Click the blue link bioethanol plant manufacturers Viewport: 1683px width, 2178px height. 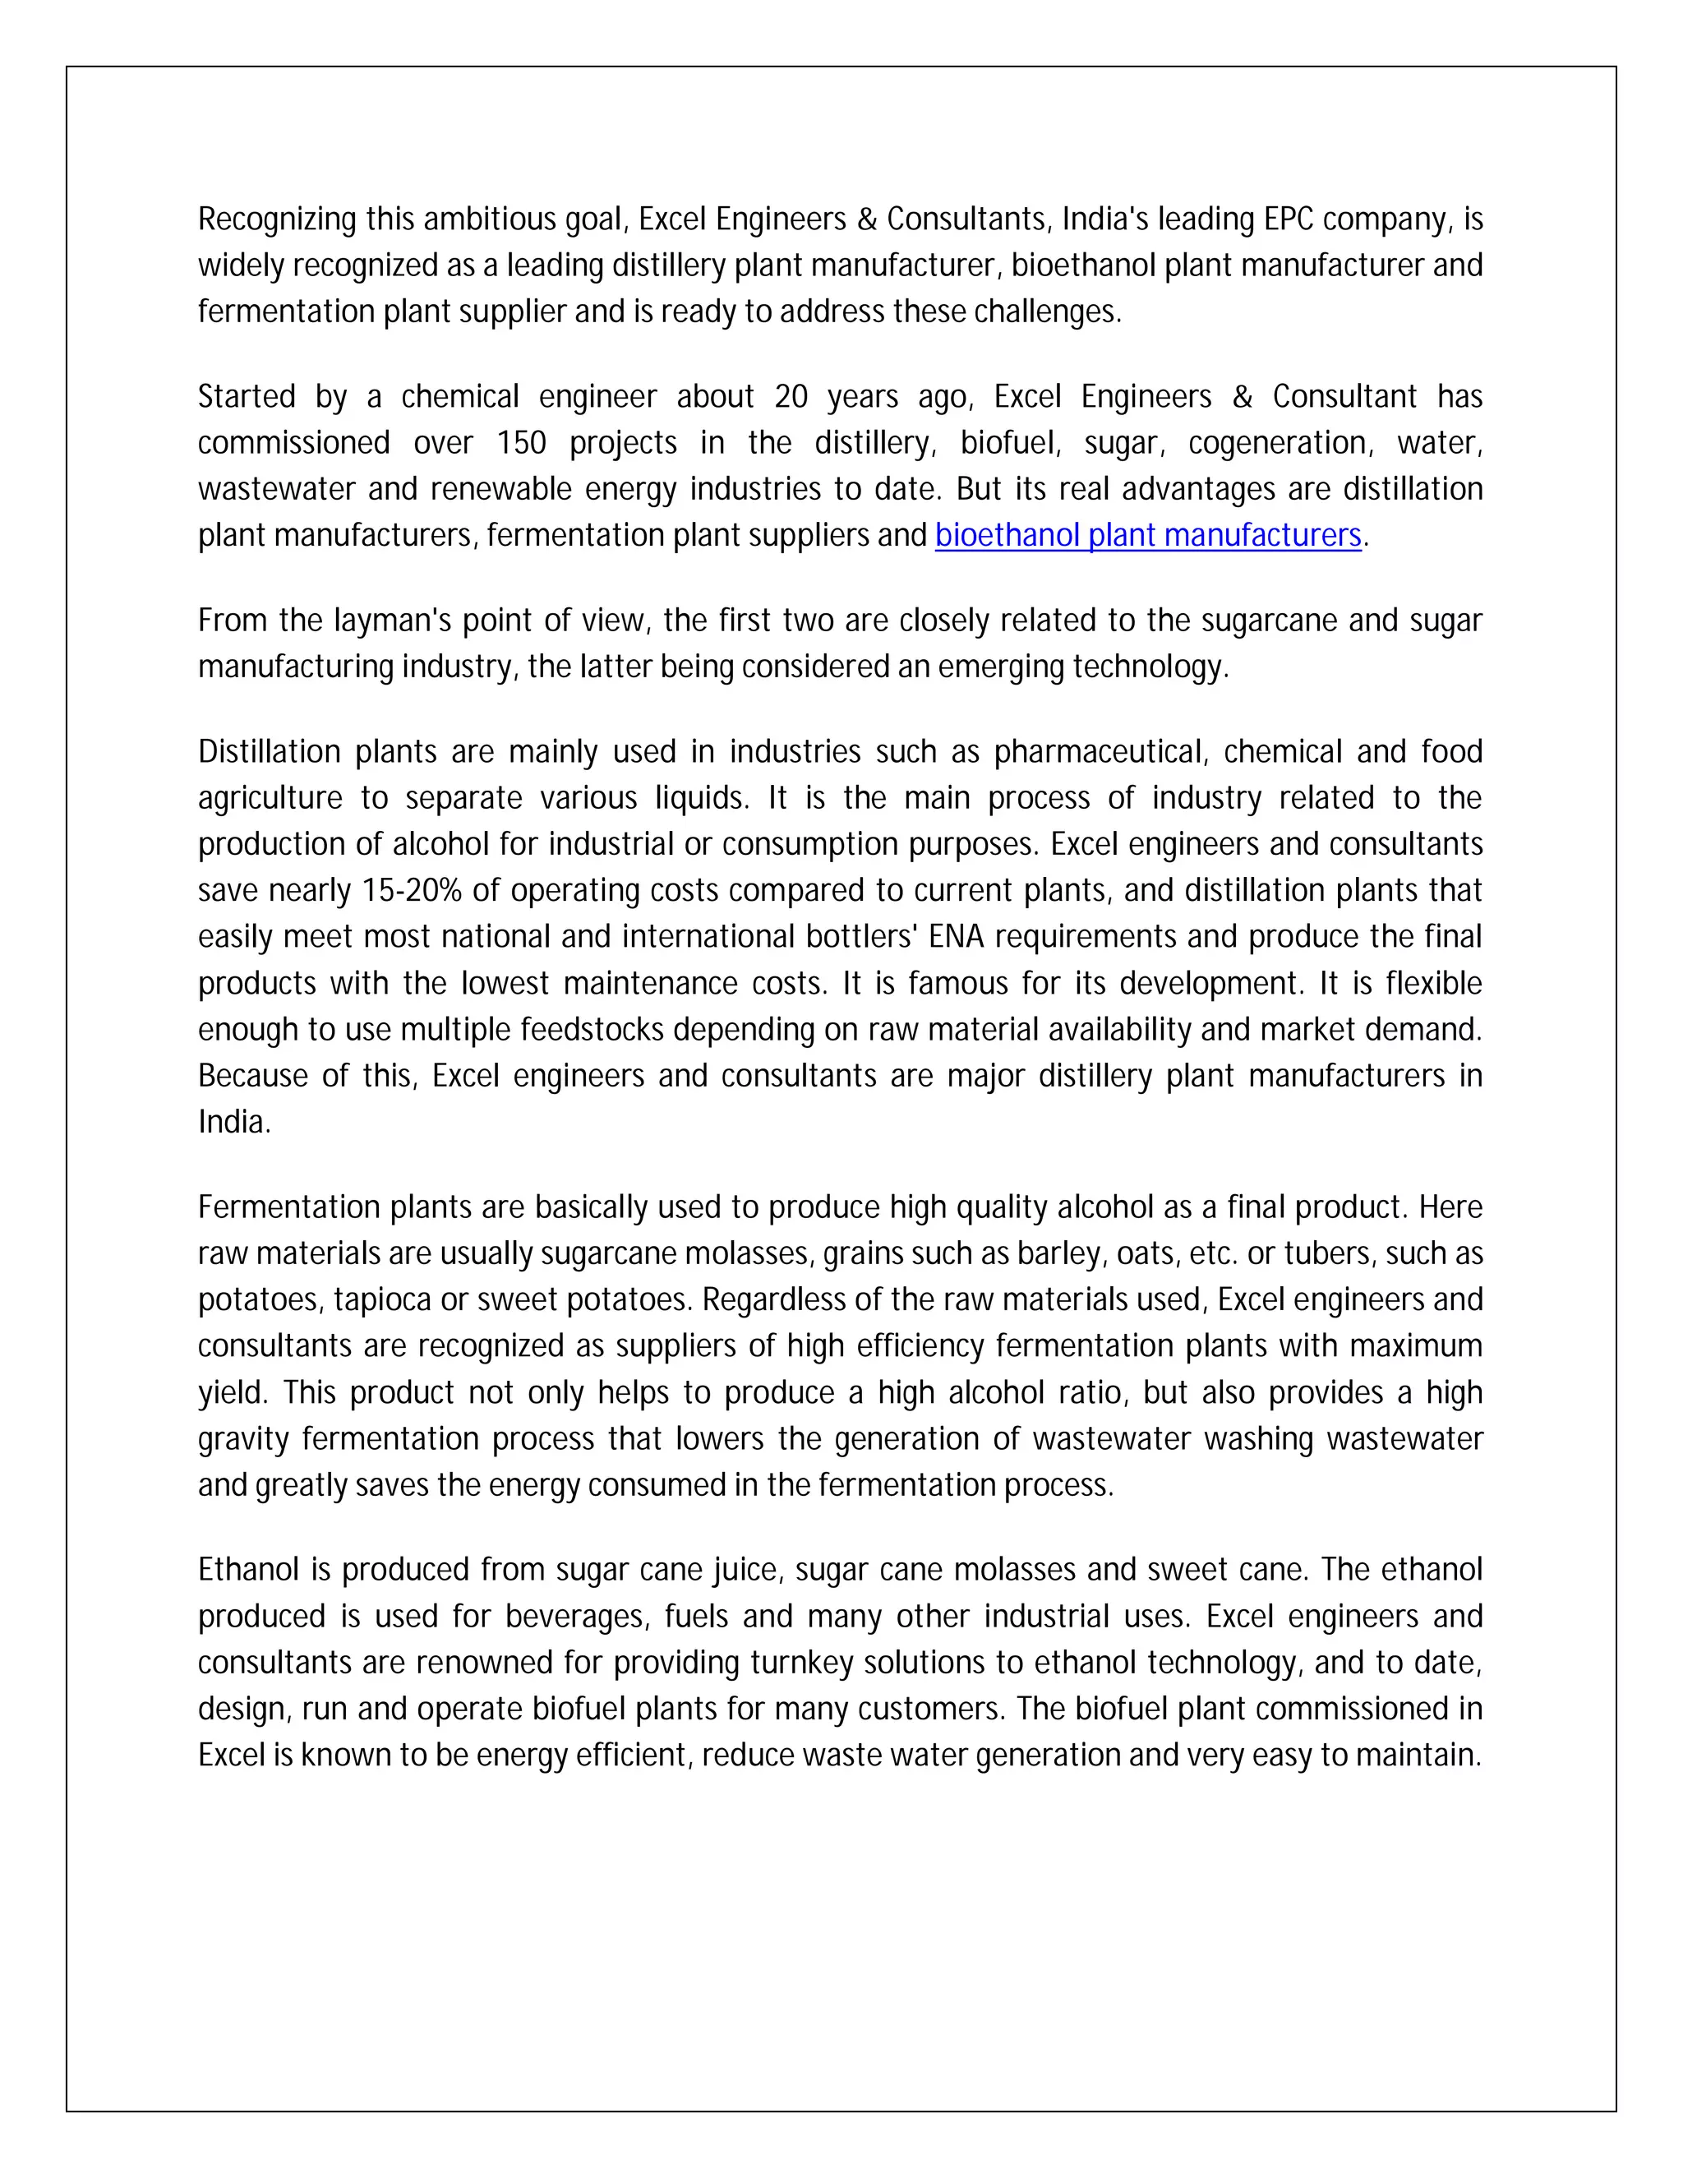click(x=1147, y=536)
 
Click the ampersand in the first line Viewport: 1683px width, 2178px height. click(x=866, y=219)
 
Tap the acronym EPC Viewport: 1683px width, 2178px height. click(x=1289, y=219)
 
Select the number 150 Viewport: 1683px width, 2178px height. click(x=522, y=443)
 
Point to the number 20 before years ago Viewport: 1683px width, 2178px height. click(x=791, y=397)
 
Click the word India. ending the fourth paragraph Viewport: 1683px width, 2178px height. click(x=233, y=1122)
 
